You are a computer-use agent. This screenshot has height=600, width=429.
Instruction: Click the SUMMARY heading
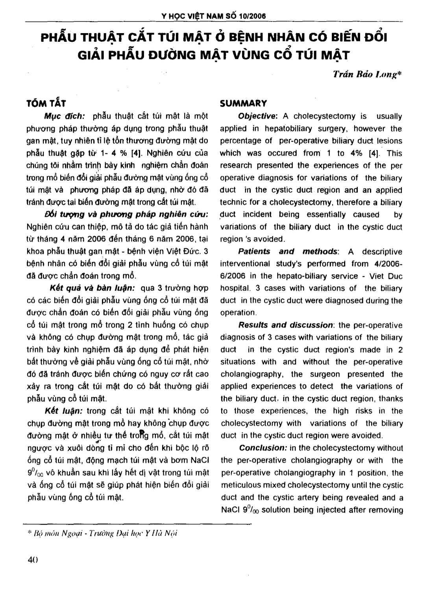pos(243,104)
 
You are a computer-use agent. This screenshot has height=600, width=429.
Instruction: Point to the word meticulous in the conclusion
pos(241,485)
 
